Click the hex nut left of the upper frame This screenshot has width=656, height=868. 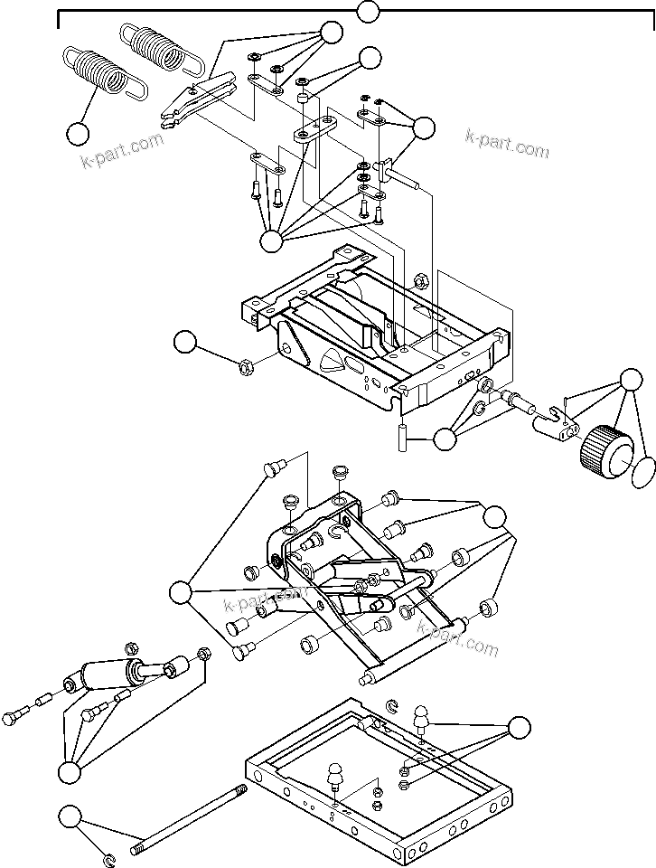[x=243, y=367]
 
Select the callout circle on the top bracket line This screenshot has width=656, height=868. [x=368, y=13]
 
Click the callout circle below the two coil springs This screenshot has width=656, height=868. [x=79, y=134]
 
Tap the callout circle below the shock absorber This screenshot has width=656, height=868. [x=70, y=772]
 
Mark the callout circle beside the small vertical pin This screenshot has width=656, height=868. [x=445, y=440]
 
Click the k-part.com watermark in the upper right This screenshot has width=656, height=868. [x=506, y=142]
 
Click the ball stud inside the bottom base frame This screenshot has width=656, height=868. [x=335, y=777]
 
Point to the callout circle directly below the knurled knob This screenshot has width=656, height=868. [x=642, y=470]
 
